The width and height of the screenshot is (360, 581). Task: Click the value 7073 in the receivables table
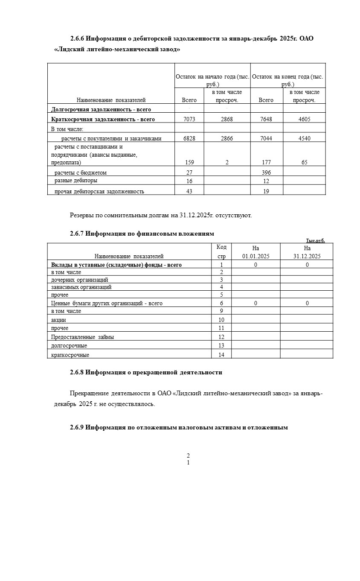[189, 119]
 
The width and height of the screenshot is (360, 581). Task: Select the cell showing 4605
[304, 119]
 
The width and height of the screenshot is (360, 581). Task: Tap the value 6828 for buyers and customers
[189, 138]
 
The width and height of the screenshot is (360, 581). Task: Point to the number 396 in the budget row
[266, 172]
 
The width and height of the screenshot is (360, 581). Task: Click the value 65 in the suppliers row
[304, 162]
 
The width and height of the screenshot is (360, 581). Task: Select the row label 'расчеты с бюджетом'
[80, 172]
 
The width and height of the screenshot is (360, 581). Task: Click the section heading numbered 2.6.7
[142, 234]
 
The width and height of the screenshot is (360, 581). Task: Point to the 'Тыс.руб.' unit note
[315, 240]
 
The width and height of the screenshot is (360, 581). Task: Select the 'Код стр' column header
[221, 252]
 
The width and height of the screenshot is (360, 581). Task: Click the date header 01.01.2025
[255, 256]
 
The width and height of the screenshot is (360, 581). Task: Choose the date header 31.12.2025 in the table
[307, 256]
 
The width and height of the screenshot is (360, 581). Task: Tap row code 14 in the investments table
[221, 355]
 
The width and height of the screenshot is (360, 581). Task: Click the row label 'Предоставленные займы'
[82, 337]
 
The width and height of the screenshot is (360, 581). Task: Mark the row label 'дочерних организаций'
[79, 280]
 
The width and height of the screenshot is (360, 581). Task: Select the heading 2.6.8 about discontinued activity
[146, 372]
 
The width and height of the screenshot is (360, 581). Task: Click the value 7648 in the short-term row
[266, 119]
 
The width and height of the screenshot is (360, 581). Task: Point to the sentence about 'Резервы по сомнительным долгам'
[161, 215]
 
